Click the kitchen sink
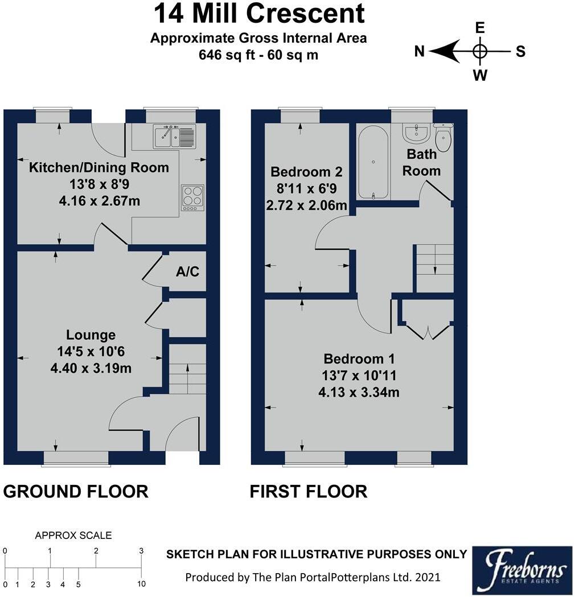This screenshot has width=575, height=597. pyautogui.click(x=175, y=137)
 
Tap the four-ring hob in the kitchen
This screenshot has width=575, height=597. pyautogui.click(x=192, y=197)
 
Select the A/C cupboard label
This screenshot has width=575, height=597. pyautogui.click(x=187, y=271)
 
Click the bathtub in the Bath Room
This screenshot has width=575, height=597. pyautogui.click(x=373, y=163)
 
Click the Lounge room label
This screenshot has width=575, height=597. pyautogui.click(x=91, y=335)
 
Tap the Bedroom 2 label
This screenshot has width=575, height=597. pyautogui.click(x=306, y=172)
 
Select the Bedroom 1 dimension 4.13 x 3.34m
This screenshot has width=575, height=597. pyautogui.click(x=359, y=392)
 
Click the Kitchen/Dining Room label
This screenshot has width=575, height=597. pyautogui.click(x=99, y=167)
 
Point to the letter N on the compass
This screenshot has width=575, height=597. pyautogui.click(x=419, y=51)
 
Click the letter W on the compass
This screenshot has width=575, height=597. pyautogui.click(x=480, y=75)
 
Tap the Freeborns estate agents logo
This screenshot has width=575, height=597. pyautogui.click(x=523, y=571)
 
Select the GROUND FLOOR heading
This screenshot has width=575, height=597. pyautogui.click(x=75, y=492)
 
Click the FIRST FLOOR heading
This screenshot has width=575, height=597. pyautogui.click(x=309, y=492)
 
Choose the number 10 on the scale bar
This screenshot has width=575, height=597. pyautogui.click(x=141, y=584)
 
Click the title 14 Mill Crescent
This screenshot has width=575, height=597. pyautogui.click(x=259, y=13)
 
